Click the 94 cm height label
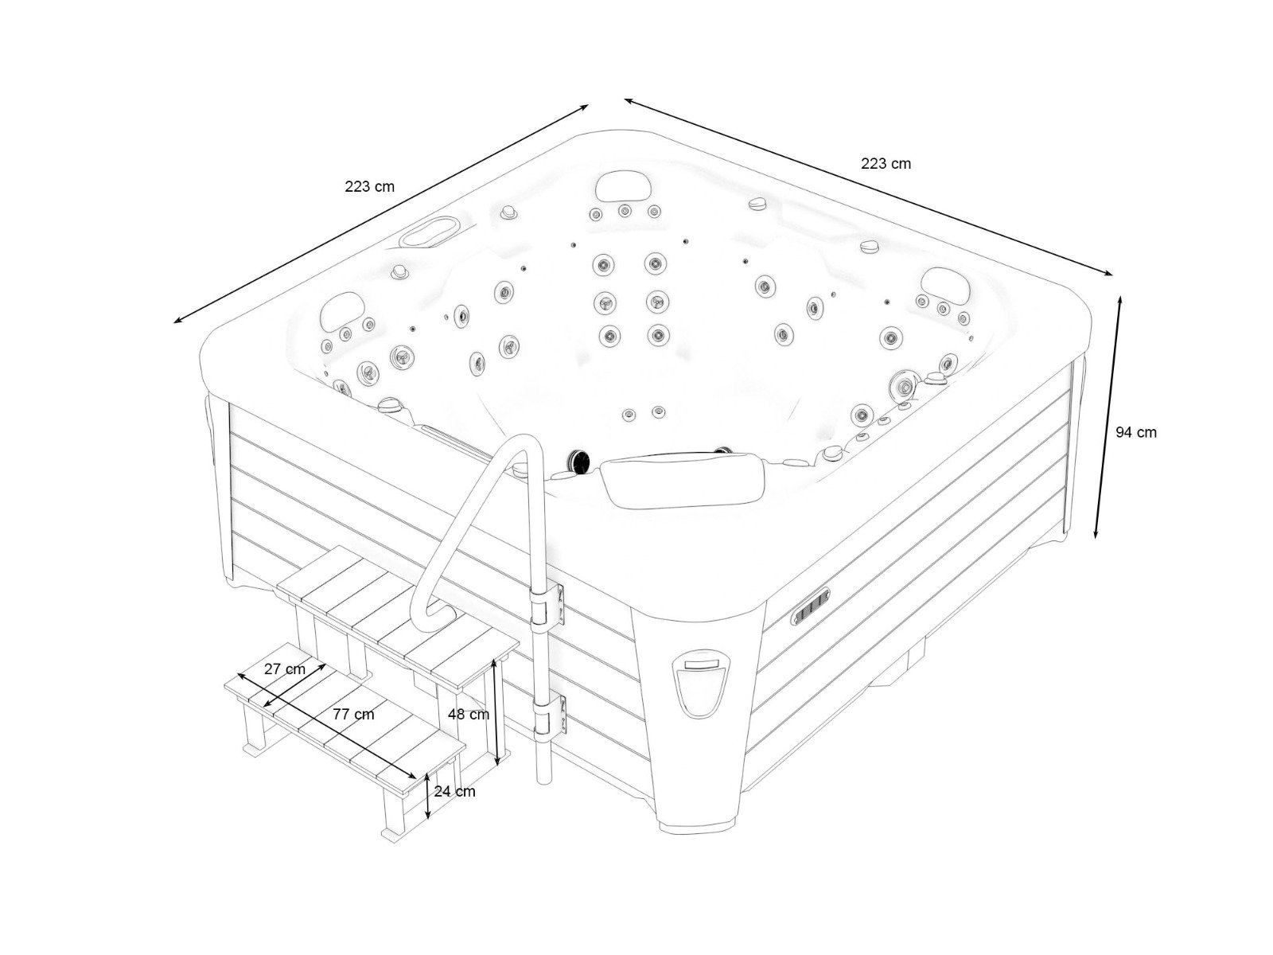tap(1135, 432)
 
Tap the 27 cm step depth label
tap(284, 668)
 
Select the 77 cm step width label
tap(353, 714)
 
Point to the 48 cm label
tap(468, 714)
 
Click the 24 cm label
tap(455, 791)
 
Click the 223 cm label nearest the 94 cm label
tap(886, 163)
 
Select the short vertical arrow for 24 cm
tap(428, 795)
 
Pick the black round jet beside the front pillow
tap(576, 461)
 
